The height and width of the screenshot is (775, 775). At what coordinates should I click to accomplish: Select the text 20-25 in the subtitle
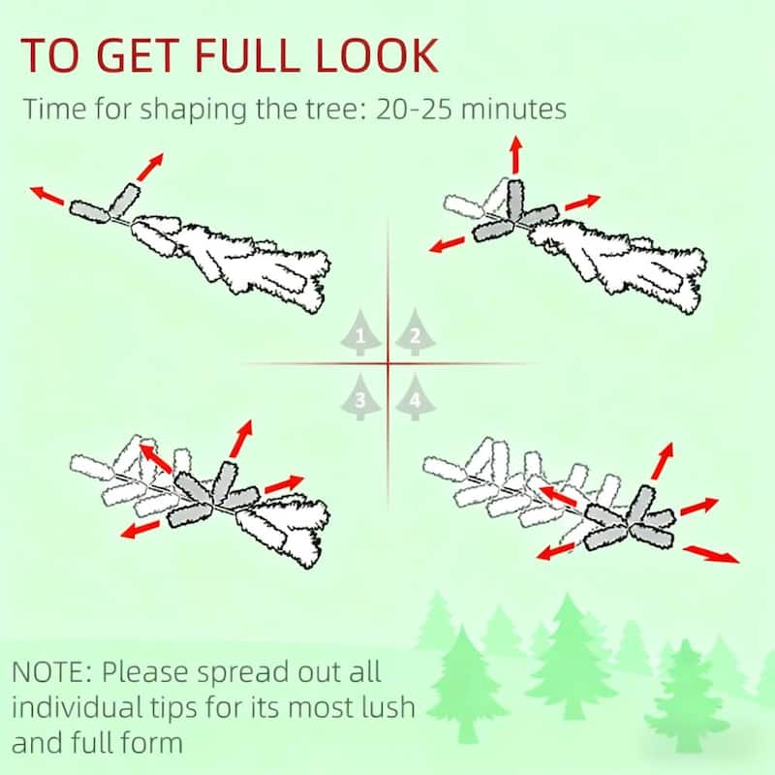point(415,108)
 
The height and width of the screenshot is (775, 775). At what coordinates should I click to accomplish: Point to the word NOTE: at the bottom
point(51,672)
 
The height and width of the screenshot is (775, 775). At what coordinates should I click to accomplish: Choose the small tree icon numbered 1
point(360,332)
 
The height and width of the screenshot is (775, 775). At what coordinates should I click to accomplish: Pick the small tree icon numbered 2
point(416,332)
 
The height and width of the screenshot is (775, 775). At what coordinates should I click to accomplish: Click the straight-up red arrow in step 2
point(516,154)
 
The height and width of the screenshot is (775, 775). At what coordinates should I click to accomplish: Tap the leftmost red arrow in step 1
point(46,196)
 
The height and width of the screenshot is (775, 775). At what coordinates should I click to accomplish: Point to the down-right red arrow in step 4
point(711,553)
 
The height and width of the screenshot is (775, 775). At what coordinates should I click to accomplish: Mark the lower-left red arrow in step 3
point(140,529)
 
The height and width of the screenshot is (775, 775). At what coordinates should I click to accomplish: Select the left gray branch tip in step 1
point(89,211)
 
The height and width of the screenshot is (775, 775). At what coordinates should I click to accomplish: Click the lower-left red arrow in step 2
point(448,244)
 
